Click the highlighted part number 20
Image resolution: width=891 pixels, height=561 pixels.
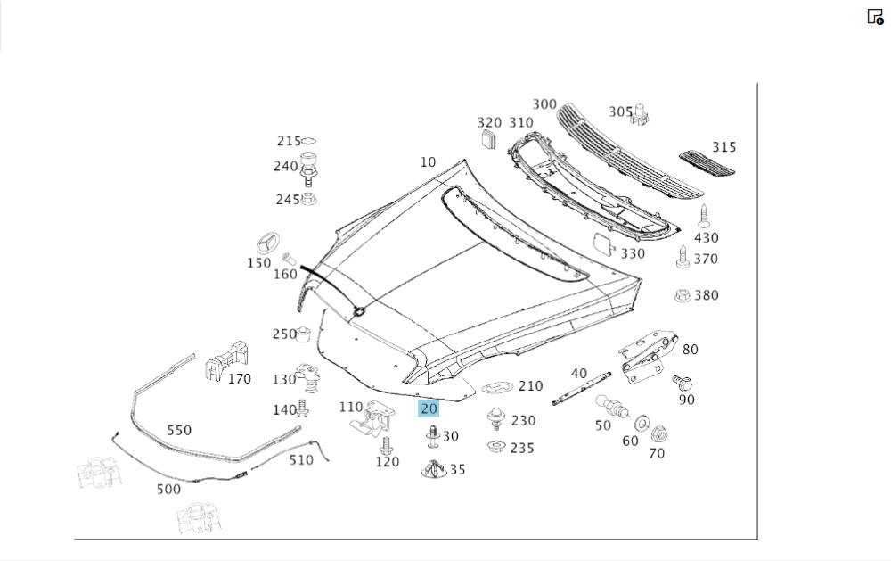(x=429, y=409)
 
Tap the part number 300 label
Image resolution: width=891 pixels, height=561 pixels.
(x=544, y=105)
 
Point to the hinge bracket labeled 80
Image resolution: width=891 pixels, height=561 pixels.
(x=649, y=355)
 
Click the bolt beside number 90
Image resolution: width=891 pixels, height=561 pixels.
(x=684, y=383)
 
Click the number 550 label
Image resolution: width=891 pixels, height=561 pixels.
(x=179, y=430)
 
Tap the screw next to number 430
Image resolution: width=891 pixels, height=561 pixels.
(x=706, y=214)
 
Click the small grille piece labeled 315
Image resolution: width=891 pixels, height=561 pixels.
(x=708, y=163)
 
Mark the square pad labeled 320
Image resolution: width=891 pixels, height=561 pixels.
(x=487, y=138)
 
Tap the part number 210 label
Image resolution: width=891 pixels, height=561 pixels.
(x=530, y=386)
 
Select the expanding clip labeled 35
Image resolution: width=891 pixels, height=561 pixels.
(x=434, y=466)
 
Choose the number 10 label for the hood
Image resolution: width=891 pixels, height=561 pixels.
(x=428, y=162)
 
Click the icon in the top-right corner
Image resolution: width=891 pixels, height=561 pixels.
(x=875, y=16)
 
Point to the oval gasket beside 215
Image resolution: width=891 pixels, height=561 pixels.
(x=309, y=141)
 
